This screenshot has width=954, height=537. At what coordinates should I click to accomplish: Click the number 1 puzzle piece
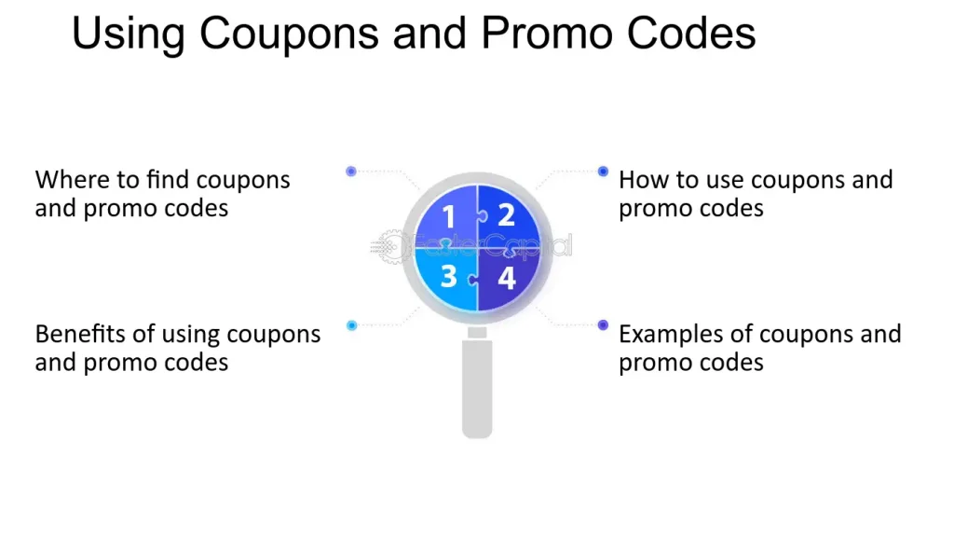[x=447, y=216]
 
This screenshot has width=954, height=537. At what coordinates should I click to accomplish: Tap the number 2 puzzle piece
[x=507, y=215]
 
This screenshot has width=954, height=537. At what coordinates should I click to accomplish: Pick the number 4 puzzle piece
[x=507, y=278]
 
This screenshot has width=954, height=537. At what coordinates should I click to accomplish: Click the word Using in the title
[x=129, y=34]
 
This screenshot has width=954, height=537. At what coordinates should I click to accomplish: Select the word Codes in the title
[x=690, y=34]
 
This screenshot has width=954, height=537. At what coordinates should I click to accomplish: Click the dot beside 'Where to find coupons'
[x=351, y=172]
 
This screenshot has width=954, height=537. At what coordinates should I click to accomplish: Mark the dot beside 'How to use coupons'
[x=603, y=172]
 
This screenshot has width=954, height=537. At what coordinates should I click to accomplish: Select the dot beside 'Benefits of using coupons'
[x=351, y=325]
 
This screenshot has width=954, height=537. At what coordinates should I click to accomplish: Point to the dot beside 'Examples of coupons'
[x=603, y=325]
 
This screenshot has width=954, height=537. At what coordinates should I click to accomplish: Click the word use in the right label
[x=724, y=180]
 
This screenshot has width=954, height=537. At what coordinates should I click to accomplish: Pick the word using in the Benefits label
[x=192, y=335]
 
